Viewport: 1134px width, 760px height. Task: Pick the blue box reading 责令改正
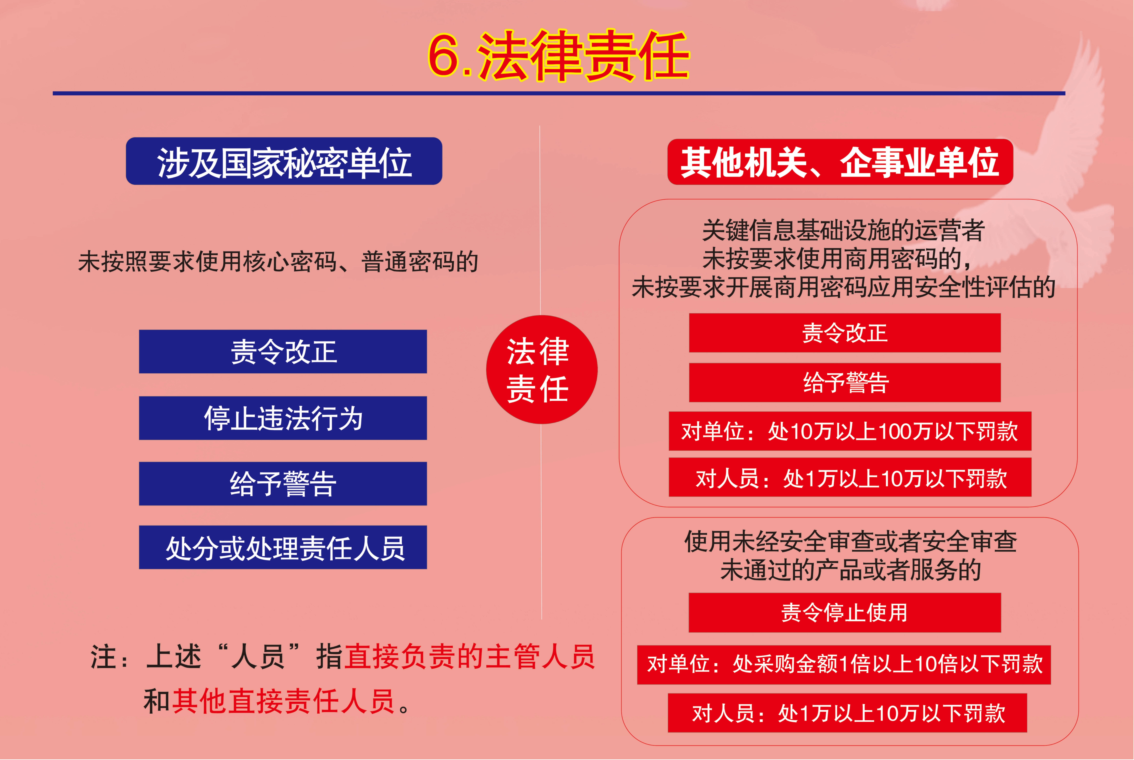(283, 351)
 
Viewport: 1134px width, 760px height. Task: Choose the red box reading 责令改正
(844, 333)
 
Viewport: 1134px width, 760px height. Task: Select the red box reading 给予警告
(844, 382)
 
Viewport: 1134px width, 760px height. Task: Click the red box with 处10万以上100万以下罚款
(849, 431)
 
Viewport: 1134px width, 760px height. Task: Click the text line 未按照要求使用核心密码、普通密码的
(278, 262)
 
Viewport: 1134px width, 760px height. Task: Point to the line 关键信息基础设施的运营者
(843, 230)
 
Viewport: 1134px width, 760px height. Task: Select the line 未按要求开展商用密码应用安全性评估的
(843, 287)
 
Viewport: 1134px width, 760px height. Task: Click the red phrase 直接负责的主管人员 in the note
(469, 657)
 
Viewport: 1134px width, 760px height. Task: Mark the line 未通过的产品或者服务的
(850, 570)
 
